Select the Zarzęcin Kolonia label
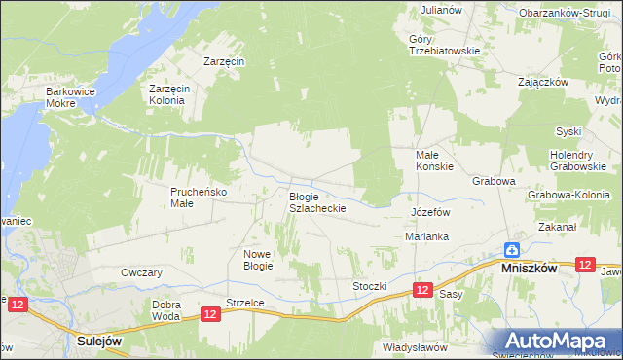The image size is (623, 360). (x=167, y=94)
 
